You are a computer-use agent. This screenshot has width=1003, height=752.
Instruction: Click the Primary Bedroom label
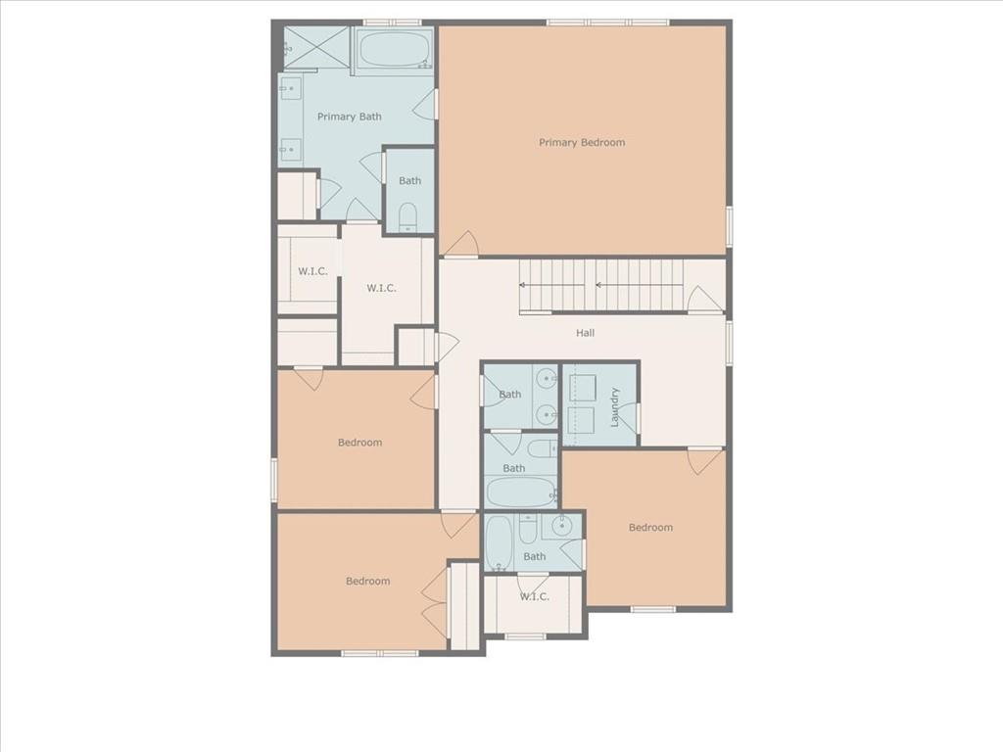[x=582, y=142]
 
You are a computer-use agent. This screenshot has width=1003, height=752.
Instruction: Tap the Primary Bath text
[x=350, y=117]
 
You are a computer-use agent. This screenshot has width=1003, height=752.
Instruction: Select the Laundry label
[x=615, y=406]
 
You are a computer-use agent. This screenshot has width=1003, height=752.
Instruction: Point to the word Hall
[x=585, y=333]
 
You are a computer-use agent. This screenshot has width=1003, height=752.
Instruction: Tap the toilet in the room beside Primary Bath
[x=408, y=217]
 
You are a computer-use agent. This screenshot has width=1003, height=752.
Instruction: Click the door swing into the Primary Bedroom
[x=461, y=244]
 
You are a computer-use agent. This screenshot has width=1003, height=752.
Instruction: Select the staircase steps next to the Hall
[x=601, y=285]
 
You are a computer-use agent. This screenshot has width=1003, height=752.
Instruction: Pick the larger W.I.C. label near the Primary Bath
[x=381, y=288]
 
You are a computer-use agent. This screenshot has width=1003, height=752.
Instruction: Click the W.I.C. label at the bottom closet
[x=534, y=596]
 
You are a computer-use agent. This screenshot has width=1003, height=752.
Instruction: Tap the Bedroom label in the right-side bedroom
[x=650, y=527]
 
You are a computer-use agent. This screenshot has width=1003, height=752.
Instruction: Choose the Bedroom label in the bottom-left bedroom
[x=368, y=581]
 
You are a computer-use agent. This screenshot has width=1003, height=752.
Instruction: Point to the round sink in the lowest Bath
[x=561, y=526]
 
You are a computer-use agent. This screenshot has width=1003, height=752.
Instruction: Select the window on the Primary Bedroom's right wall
[x=729, y=226]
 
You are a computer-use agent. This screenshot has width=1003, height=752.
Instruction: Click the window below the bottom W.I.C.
[x=525, y=636]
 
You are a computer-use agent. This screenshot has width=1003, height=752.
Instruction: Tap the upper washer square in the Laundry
[x=582, y=388]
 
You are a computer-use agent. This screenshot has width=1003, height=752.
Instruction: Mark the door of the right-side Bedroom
[x=704, y=461]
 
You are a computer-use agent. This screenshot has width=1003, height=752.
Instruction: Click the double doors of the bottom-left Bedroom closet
[x=435, y=602]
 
